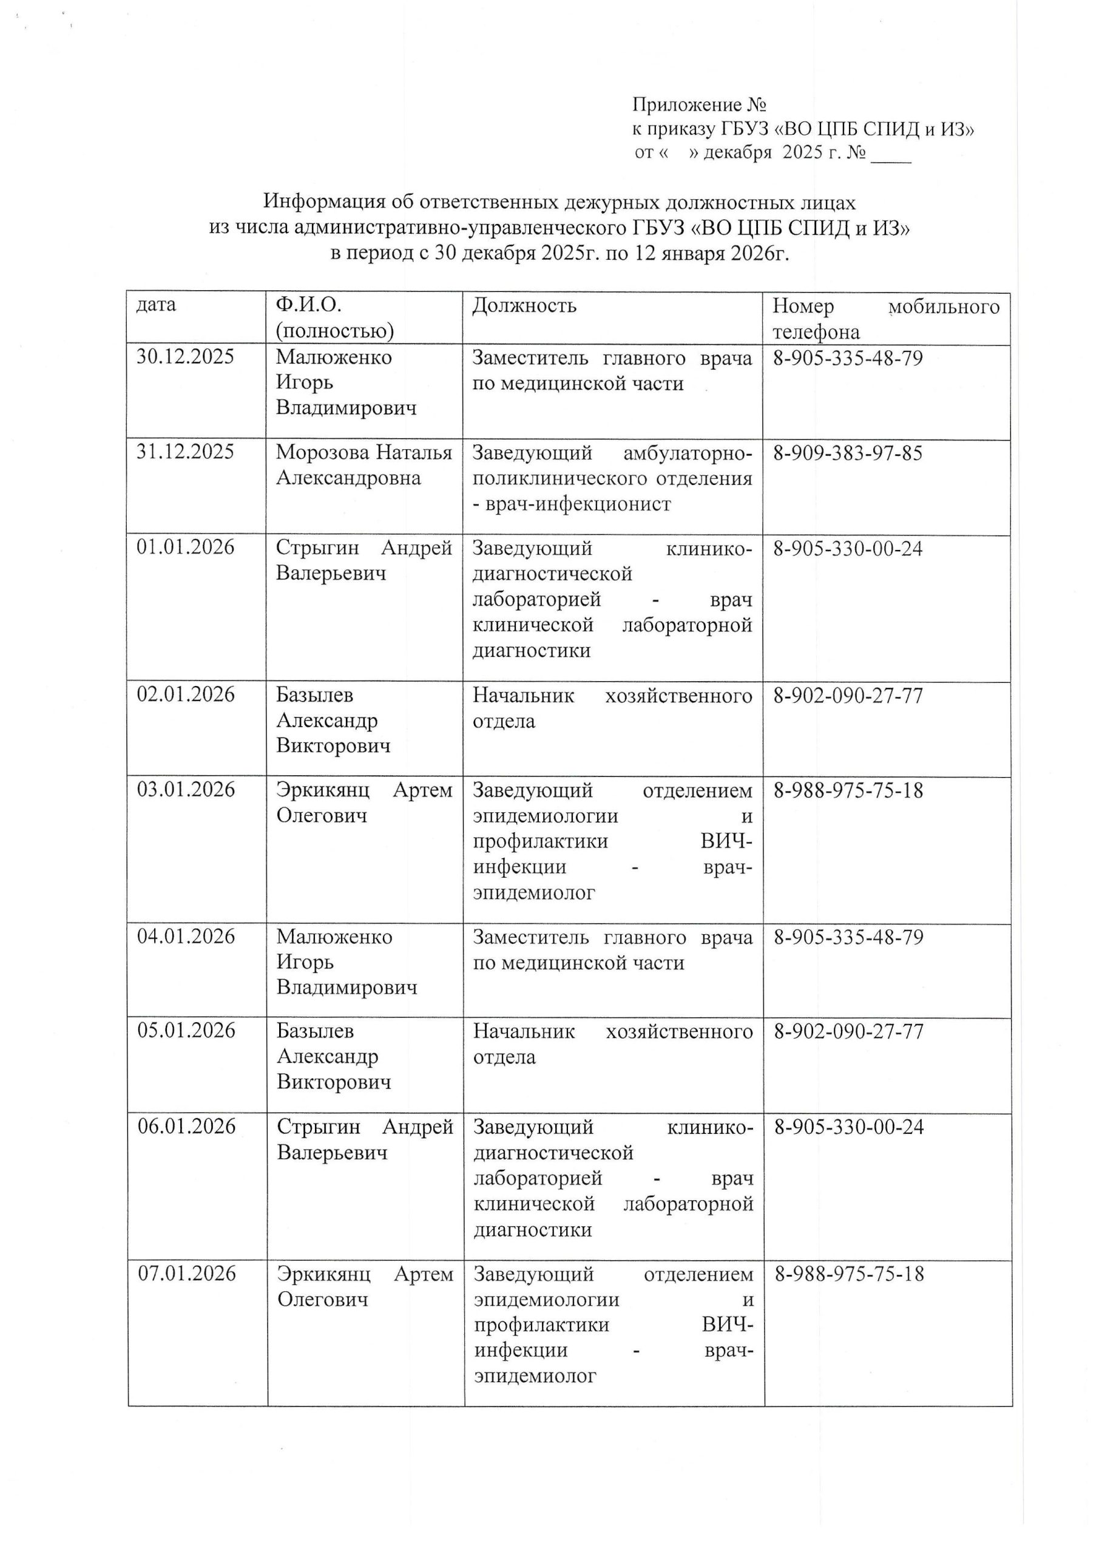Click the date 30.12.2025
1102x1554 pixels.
tap(185, 357)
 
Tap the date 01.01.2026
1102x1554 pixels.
tap(185, 548)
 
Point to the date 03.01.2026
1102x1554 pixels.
tap(186, 790)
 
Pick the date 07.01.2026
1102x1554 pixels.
tap(187, 1274)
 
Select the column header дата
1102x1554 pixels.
tap(156, 305)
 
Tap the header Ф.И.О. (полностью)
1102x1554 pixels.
tap(334, 318)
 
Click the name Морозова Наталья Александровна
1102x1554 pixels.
tap(363, 465)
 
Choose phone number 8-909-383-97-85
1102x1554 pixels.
tap(848, 453)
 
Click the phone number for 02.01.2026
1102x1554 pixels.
tap(848, 696)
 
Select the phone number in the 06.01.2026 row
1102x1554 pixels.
tap(849, 1127)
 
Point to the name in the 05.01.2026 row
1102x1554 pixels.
tap(334, 1057)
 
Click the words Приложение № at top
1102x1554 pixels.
tap(699, 105)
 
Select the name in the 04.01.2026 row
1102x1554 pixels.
tap(346, 962)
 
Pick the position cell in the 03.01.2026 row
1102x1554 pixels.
tap(613, 841)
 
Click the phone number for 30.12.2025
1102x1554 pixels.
tap(848, 358)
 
